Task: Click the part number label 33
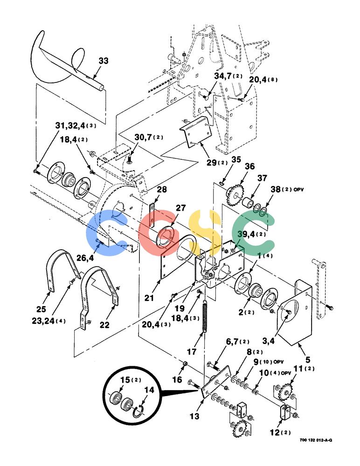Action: point(103,61)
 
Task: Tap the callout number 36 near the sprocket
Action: point(249,166)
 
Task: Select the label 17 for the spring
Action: point(192,351)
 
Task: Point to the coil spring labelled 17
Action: point(205,316)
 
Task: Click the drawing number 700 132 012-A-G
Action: point(316,440)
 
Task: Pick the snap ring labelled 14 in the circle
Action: point(138,411)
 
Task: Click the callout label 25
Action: point(41,309)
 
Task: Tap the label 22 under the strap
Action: point(104,325)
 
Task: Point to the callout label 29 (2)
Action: point(217,163)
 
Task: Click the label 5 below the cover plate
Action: point(308,360)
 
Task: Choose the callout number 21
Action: point(149,298)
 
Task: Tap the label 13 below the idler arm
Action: point(194,416)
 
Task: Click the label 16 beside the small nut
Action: point(177,379)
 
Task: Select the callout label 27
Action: point(180,208)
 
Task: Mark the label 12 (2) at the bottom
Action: point(280,432)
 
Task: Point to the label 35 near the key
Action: point(236,159)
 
